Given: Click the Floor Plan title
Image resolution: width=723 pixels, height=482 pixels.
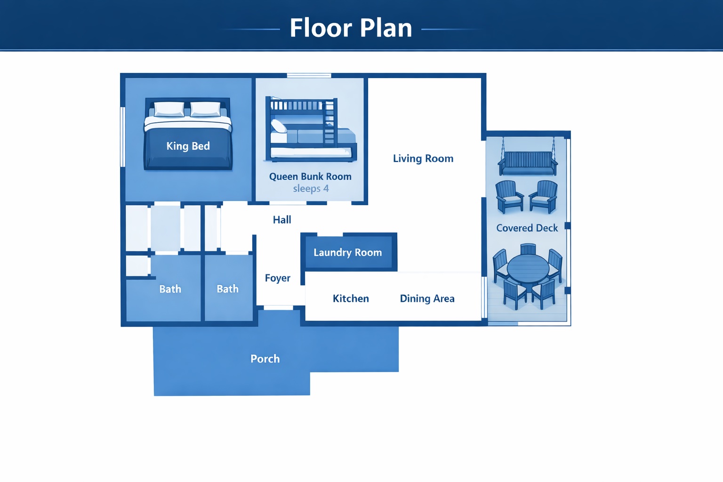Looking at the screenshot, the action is [x=351, y=28].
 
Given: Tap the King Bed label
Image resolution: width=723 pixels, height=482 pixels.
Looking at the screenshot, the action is [x=188, y=146].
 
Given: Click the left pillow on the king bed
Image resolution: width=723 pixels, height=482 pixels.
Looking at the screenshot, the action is [x=169, y=109].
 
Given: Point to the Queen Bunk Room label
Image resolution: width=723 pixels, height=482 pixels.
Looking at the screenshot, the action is [x=310, y=177].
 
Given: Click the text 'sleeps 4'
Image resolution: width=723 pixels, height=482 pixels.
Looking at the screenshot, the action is [x=311, y=188].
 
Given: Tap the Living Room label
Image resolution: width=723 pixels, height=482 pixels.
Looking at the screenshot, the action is [x=423, y=159].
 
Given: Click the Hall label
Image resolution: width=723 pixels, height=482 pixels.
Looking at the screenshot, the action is [x=282, y=220].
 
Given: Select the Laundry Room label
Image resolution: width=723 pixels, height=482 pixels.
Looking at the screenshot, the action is [x=348, y=252].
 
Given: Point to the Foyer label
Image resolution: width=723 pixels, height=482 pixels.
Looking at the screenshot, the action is [x=278, y=278].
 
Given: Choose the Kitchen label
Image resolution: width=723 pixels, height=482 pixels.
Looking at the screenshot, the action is [x=351, y=298].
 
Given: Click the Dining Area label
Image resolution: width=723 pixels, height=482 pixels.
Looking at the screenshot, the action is [x=427, y=298].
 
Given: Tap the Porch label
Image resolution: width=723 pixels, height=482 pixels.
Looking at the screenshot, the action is [x=265, y=359].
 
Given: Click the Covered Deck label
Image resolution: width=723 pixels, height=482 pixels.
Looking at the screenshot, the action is [x=527, y=228].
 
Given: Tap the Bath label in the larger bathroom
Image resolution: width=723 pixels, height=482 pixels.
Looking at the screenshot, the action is [x=170, y=289].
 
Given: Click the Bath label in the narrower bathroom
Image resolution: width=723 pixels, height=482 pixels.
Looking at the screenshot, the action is [x=227, y=289].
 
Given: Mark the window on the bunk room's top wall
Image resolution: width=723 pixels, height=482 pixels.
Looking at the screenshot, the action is [x=309, y=75].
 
